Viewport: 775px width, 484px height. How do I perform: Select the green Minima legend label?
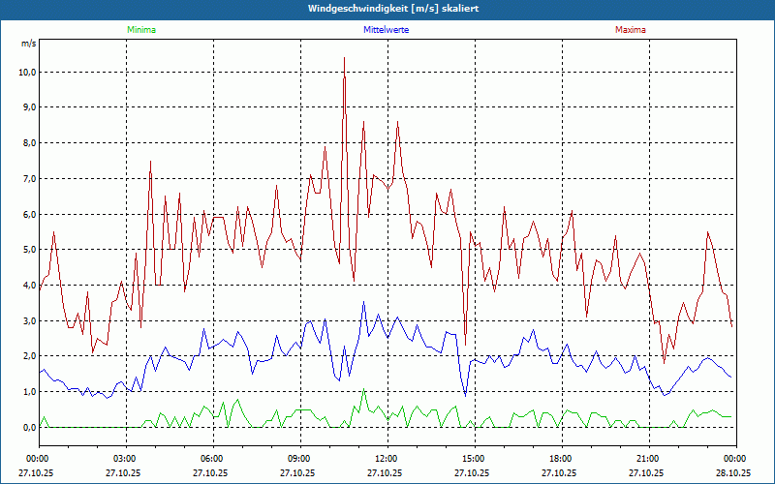[x=140, y=30]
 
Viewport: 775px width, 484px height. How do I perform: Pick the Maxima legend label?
[x=631, y=30]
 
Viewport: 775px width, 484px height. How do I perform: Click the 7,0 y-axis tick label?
[x=26, y=179]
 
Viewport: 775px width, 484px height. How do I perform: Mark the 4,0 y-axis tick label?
[x=26, y=286]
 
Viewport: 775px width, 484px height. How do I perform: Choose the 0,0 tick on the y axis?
[x=26, y=427]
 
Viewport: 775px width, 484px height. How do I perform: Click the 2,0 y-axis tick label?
[x=26, y=356]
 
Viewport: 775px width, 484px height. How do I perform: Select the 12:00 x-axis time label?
[x=387, y=458]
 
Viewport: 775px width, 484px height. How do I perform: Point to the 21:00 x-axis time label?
[x=648, y=458]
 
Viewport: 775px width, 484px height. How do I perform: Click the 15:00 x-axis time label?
[x=474, y=458]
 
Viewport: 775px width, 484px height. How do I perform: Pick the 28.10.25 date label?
[x=733, y=473]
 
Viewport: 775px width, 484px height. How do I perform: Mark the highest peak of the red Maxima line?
[x=344, y=58]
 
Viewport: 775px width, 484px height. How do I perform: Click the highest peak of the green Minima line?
[x=364, y=390]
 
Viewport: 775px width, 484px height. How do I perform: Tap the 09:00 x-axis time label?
[x=299, y=458]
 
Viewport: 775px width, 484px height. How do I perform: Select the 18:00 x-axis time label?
[x=561, y=458]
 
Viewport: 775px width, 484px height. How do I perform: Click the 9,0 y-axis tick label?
[x=26, y=107]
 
